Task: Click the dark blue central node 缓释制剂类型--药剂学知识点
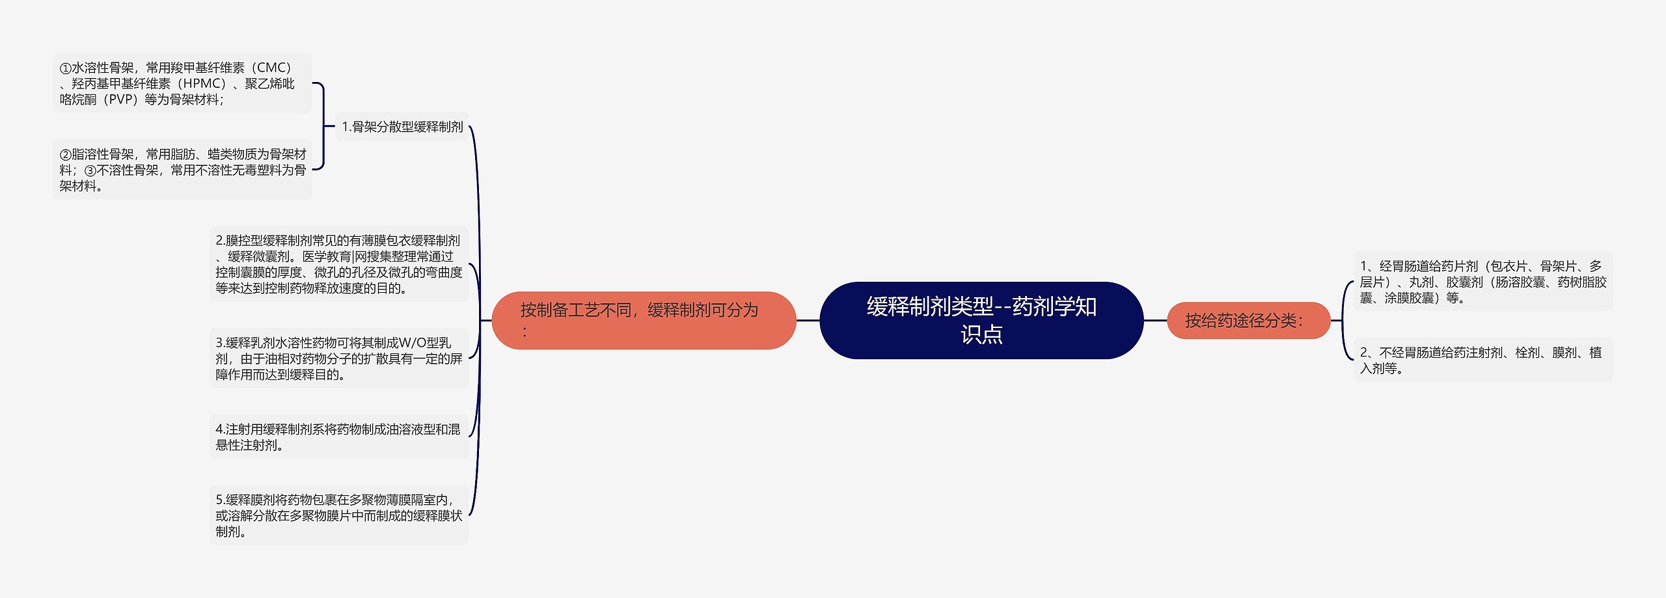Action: [x=981, y=319]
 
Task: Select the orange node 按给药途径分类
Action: [x=1248, y=320]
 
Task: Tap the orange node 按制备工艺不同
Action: [x=644, y=320]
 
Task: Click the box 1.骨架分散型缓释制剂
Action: [x=402, y=127]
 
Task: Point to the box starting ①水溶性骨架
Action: [x=182, y=83]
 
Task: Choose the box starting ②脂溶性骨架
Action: [x=182, y=170]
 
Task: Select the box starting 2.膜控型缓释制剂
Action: [x=338, y=264]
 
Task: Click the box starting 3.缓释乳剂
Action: [x=338, y=359]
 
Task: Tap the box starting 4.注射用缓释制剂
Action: [x=338, y=437]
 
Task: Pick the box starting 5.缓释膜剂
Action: [x=338, y=515]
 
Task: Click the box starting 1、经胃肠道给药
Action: [x=1482, y=282]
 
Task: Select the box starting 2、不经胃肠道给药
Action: [x=1482, y=360]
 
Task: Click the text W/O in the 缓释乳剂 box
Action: [x=412, y=343]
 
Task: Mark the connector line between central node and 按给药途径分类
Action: [x=1155, y=320]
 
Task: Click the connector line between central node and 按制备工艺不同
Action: [x=808, y=320]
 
